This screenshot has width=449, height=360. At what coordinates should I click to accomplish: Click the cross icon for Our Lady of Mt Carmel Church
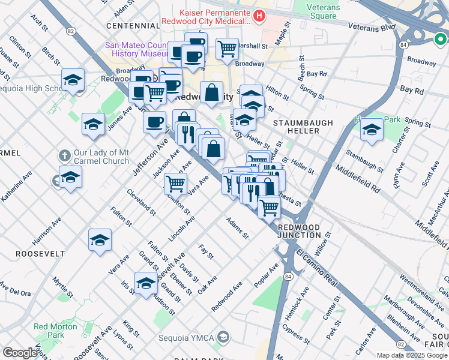(x=64, y=155)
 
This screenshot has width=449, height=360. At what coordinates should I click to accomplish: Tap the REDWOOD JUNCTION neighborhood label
(x=303, y=232)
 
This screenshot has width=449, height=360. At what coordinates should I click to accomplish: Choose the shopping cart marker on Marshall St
(x=227, y=49)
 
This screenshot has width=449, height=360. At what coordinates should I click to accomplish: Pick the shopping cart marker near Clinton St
(x=175, y=183)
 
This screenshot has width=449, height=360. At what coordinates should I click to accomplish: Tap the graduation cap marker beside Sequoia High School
(x=73, y=79)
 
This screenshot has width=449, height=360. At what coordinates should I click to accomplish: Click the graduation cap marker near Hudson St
(x=146, y=283)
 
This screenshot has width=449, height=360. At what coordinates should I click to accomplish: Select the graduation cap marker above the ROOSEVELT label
(x=100, y=240)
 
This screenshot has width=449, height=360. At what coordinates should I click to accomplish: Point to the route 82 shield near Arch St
(x=71, y=31)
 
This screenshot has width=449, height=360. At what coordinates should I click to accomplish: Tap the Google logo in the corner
(x=20, y=353)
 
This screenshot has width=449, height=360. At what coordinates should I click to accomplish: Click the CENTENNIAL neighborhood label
(x=133, y=26)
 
